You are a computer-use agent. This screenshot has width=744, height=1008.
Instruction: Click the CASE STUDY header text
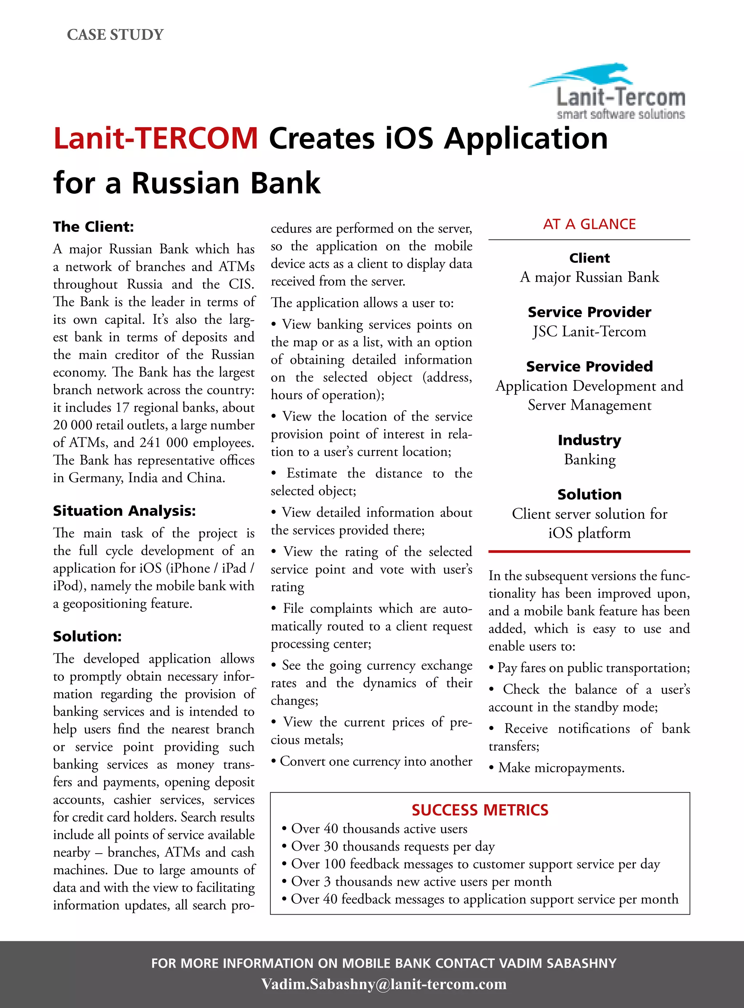pyautogui.click(x=115, y=35)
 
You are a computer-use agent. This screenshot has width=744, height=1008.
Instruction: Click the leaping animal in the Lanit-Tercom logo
pyautogui.click(x=586, y=76)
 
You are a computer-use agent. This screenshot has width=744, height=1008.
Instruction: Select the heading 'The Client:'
pyautogui.click(x=93, y=226)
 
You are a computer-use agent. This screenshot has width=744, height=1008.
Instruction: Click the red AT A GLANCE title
pyautogui.click(x=589, y=224)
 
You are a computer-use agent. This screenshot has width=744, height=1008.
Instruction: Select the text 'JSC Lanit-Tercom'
pyautogui.click(x=589, y=331)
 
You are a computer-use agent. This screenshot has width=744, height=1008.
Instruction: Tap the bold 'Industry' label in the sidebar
pyautogui.click(x=589, y=440)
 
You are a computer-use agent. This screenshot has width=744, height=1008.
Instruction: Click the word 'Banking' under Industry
pyautogui.click(x=589, y=459)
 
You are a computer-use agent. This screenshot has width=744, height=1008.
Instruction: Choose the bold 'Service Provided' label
pyautogui.click(x=589, y=366)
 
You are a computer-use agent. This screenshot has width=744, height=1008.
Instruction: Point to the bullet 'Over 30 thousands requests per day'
pyautogui.click(x=392, y=846)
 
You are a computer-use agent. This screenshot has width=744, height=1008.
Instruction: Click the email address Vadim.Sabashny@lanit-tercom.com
pyautogui.click(x=384, y=983)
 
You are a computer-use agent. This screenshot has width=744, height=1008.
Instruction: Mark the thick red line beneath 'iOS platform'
pyautogui.click(x=589, y=551)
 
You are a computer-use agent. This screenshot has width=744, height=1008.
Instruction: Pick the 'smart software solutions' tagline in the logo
pyautogui.click(x=620, y=114)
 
